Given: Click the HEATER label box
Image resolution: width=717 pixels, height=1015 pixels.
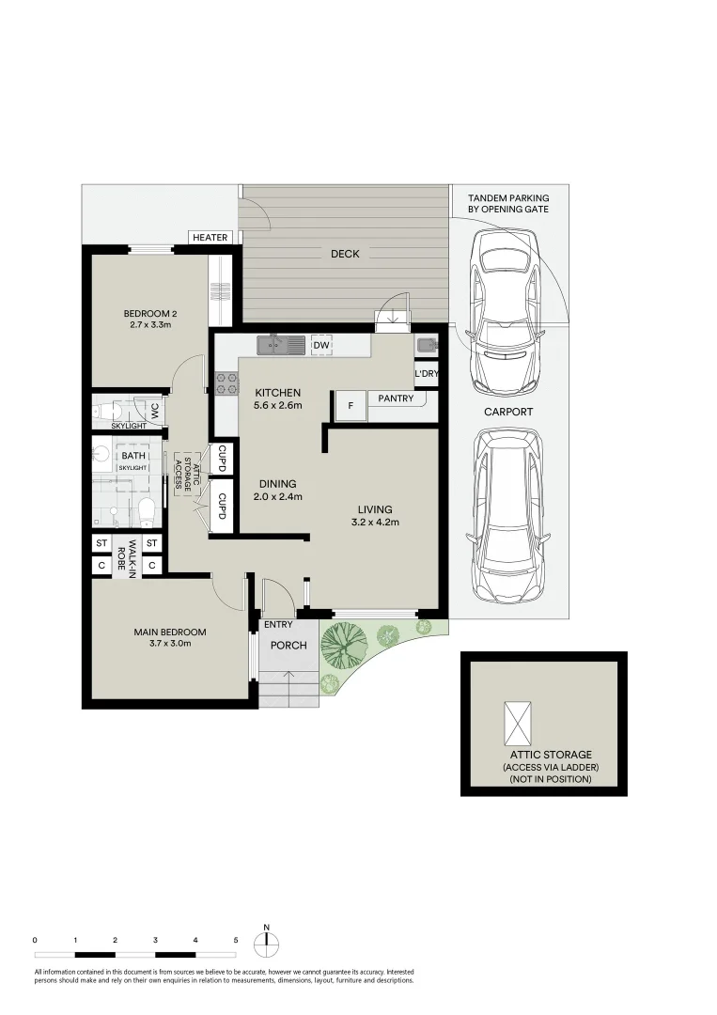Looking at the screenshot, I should click(x=210, y=238).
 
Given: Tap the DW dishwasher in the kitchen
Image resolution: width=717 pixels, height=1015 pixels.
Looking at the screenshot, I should click(x=321, y=346).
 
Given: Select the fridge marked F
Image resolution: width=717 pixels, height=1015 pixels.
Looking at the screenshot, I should click(x=350, y=406).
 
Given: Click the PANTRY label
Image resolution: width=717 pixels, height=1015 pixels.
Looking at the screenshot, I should click(x=396, y=398).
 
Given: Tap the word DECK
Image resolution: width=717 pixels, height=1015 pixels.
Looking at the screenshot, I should click(x=345, y=254).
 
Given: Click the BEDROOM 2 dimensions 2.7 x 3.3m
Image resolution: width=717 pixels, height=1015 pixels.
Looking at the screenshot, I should click(x=149, y=325).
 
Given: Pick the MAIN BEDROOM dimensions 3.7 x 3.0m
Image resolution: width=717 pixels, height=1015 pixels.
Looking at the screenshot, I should click(x=170, y=644).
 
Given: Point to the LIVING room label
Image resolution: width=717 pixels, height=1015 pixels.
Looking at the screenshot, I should click(x=374, y=509).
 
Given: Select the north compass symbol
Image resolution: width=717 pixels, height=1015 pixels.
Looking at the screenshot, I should click(x=267, y=941).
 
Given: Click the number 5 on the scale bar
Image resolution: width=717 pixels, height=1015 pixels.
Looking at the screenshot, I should click(x=236, y=940).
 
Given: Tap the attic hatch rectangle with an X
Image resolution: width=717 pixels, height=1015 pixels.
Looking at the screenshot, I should click(x=518, y=722).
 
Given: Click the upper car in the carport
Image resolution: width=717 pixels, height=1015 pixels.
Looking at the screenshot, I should click(x=505, y=311).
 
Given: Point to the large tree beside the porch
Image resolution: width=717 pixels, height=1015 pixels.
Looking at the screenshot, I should click(x=343, y=645).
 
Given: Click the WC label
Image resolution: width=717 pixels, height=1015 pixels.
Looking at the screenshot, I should click(x=148, y=411).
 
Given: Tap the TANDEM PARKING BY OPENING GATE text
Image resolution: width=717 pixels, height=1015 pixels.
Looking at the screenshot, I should click(x=508, y=203).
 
